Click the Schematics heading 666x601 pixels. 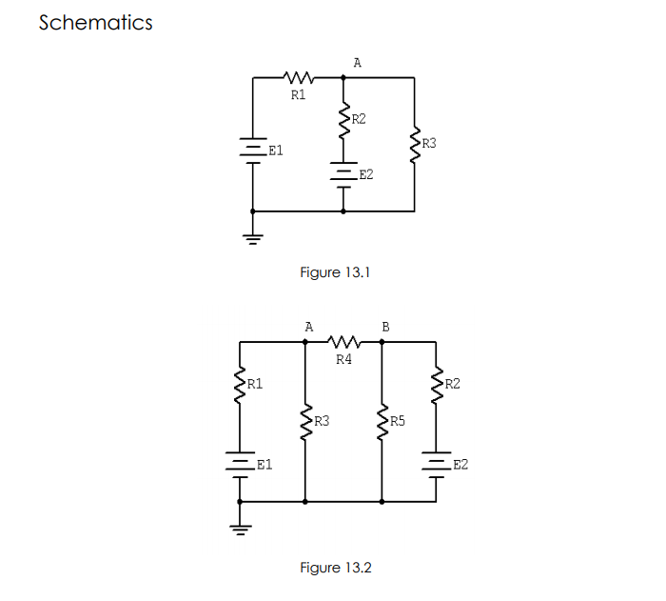(95, 23)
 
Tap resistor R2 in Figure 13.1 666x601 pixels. (343, 121)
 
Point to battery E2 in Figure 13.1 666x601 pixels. (343, 174)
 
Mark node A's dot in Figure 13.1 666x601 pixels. (343, 77)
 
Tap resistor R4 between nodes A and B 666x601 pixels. (343, 340)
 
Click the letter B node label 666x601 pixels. (385, 326)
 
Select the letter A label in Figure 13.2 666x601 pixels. (308, 326)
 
